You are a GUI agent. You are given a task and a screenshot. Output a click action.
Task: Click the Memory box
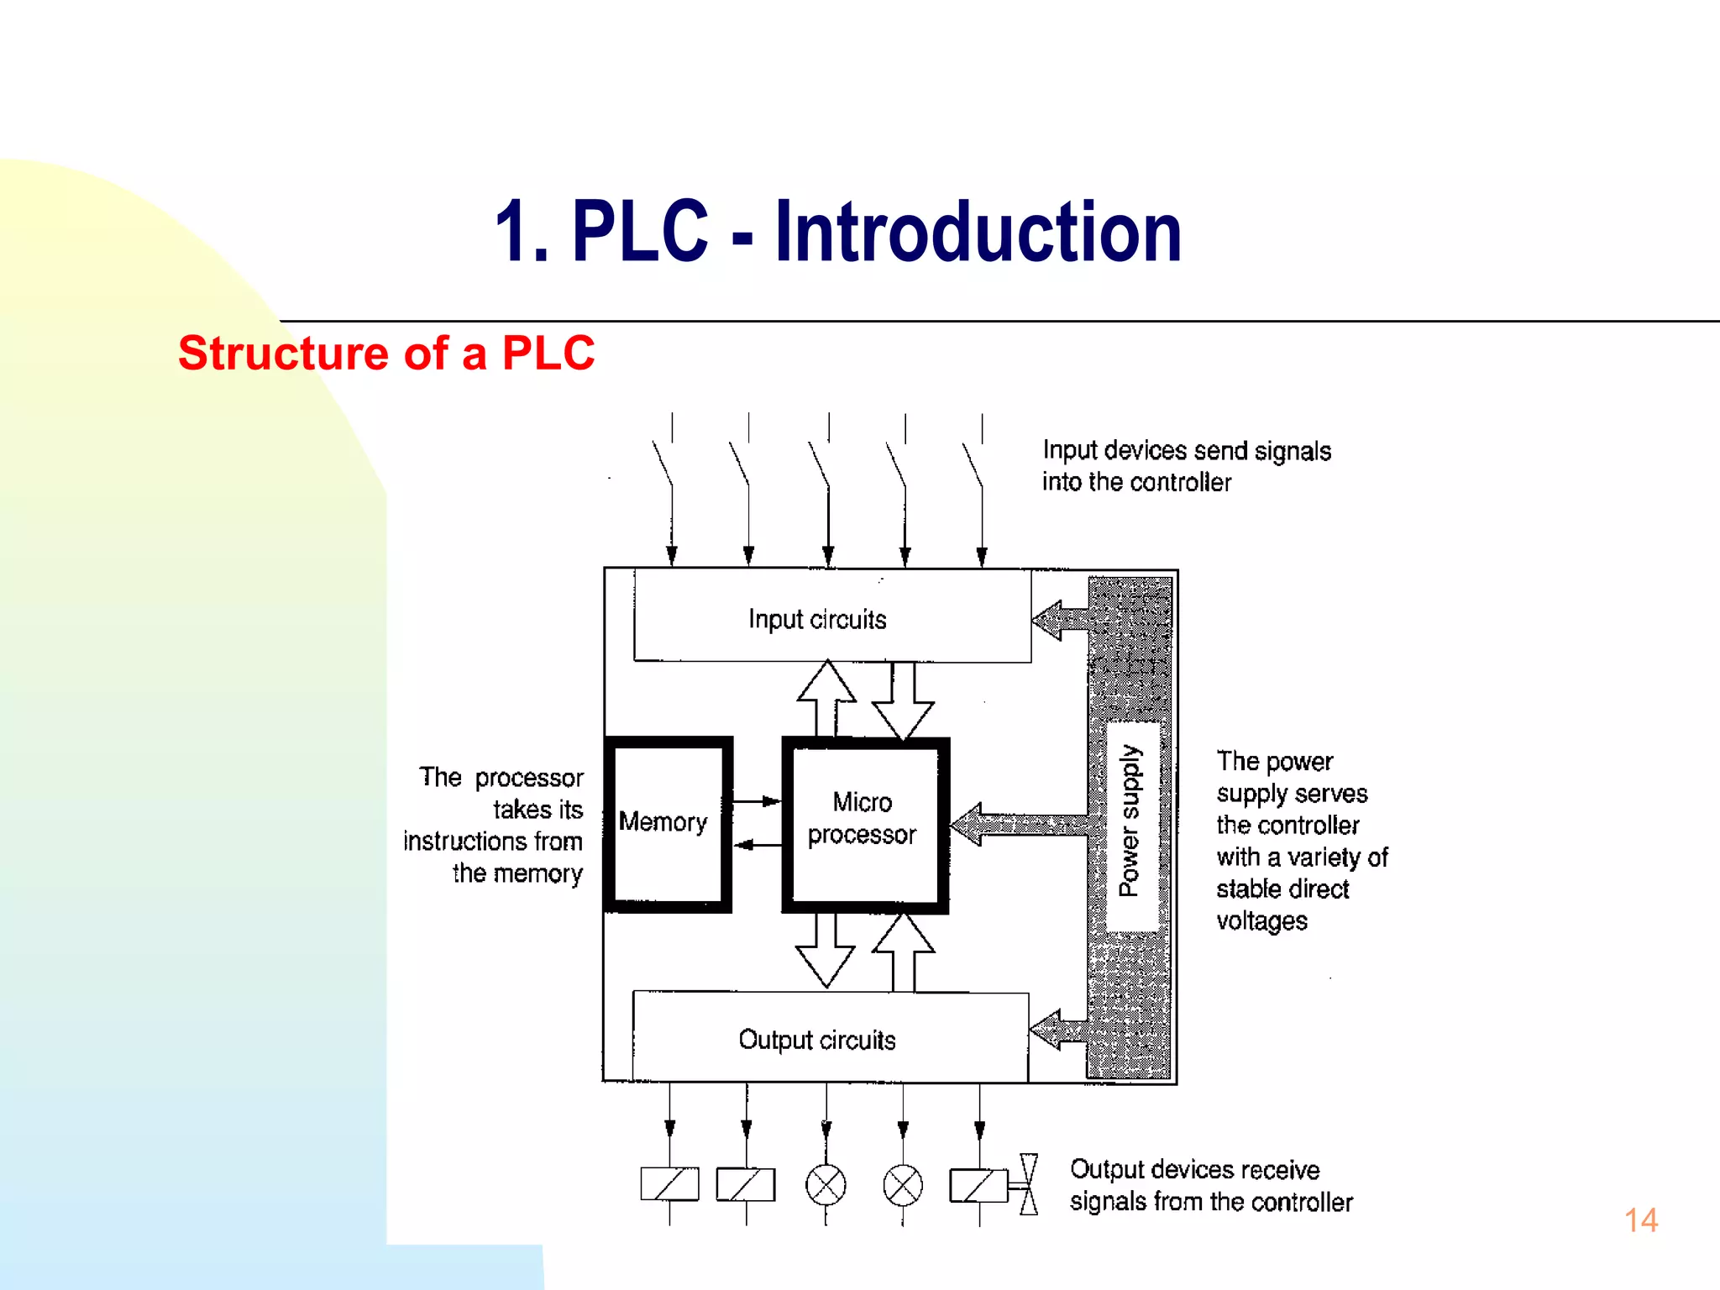[667, 824]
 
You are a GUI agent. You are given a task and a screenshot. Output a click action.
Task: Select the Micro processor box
[864, 824]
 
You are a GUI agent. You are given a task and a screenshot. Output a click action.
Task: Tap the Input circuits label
[817, 620]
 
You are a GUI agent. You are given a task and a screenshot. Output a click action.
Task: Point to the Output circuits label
[817, 1040]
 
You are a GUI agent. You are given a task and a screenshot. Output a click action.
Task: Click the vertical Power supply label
[1130, 821]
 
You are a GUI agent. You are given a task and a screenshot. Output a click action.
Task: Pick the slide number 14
[1641, 1220]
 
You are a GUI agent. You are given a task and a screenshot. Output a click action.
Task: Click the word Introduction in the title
[978, 232]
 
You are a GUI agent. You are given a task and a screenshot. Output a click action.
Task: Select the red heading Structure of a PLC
[386, 353]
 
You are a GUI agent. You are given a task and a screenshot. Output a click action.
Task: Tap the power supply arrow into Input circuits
[1060, 621]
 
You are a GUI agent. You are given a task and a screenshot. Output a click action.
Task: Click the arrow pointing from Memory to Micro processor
[758, 801]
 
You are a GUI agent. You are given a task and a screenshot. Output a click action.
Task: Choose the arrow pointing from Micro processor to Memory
[758, 845]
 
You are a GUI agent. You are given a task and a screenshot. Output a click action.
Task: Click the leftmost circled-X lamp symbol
[826, 1185]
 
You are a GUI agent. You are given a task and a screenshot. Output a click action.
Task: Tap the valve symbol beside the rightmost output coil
[1028, 1184]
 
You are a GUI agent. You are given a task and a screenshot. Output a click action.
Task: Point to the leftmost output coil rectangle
[669, 1184]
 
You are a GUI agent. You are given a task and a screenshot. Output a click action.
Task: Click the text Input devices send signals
[1186, 451]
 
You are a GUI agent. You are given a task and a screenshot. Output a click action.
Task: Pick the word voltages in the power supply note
[1261, 921]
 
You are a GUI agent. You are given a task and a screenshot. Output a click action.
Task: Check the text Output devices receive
[1194, 1170]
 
